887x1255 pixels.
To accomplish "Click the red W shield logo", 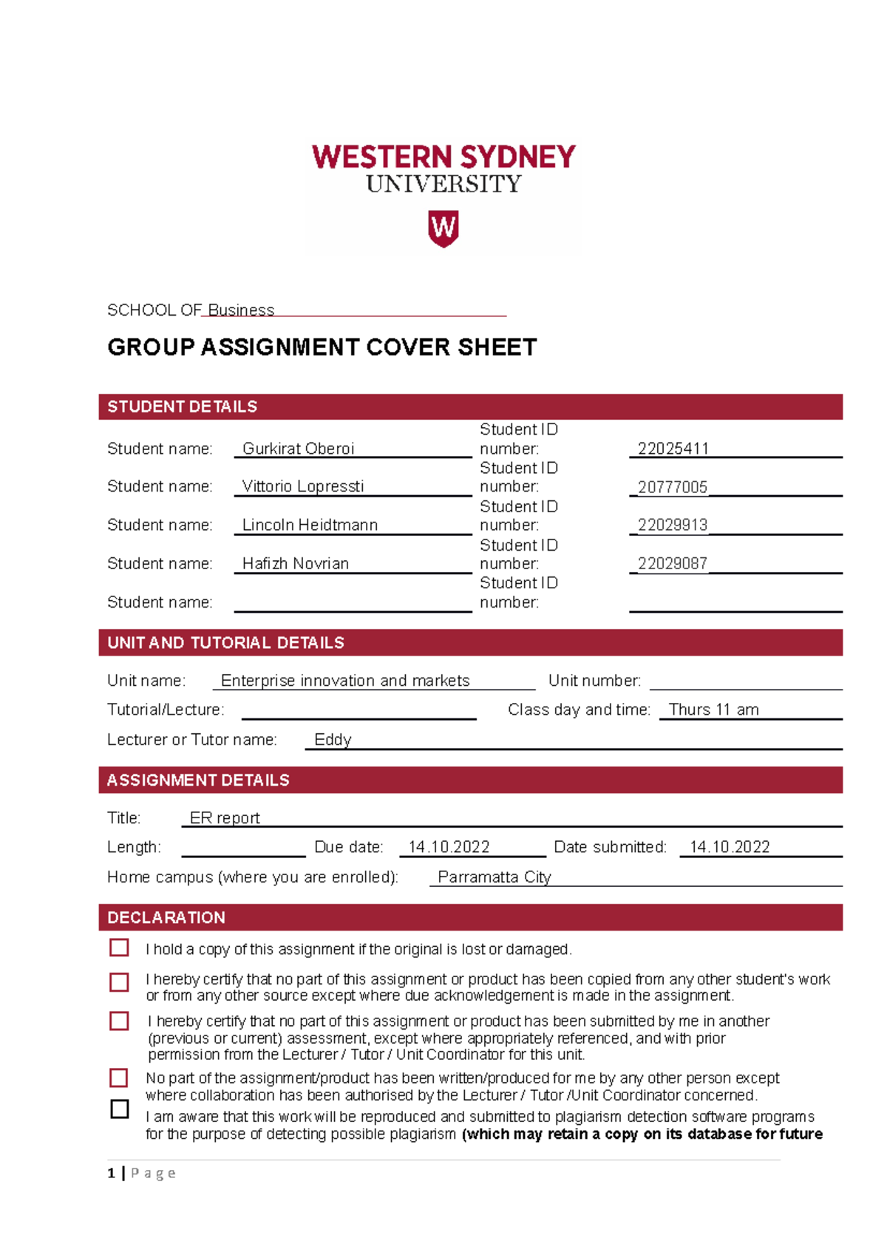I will point(443,228).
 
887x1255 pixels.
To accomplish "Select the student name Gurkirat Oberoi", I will point(298,449).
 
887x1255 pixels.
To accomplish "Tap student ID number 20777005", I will point(672,487).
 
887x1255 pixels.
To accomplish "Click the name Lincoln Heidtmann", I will point(310,525).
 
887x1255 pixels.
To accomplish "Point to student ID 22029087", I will point(672,563).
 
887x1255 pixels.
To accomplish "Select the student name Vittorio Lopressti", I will point(303,486).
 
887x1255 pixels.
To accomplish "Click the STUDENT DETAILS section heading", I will point(183,407).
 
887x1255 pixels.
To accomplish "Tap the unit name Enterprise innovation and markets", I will point(345,681).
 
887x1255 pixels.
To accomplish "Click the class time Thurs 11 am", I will point(713,710).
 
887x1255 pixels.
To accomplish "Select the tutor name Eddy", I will point(333,740).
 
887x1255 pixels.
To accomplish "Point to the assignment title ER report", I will point(225,818).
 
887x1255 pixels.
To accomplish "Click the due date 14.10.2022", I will point(449,847).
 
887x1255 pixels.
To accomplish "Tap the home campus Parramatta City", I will point(495,877).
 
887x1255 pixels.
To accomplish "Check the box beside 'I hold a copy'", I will point(119,948).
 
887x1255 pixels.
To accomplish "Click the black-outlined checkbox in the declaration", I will point(119,1109).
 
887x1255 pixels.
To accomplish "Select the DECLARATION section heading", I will point(166,917).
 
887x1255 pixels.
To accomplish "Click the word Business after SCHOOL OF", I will point(241,310).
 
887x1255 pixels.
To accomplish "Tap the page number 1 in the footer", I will point(111,1173).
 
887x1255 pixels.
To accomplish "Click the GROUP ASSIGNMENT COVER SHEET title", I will point(322,347).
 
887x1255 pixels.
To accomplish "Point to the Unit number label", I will point(594,681).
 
